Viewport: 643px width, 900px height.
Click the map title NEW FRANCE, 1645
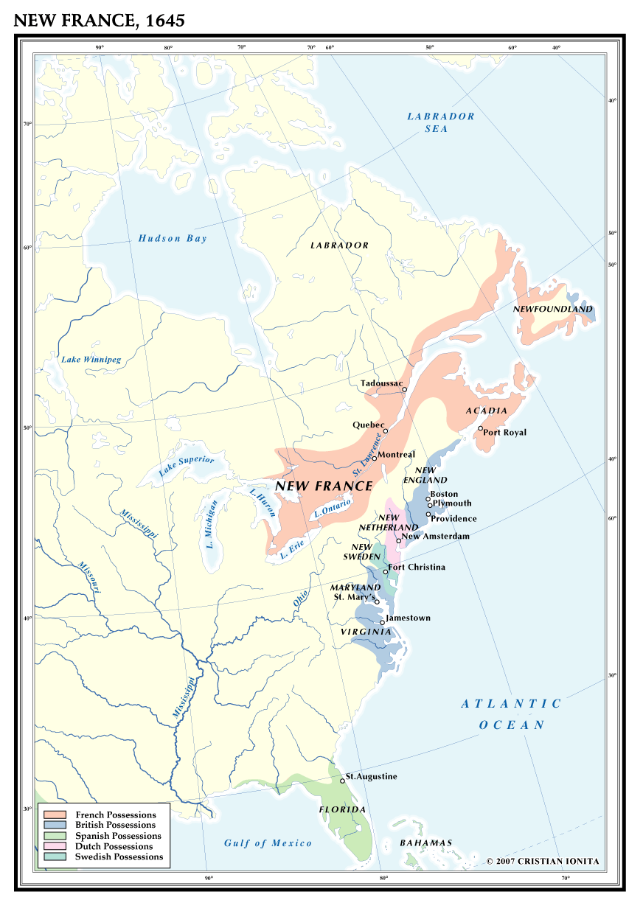99,21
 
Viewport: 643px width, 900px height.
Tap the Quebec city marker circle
386,431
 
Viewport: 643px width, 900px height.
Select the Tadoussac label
381,383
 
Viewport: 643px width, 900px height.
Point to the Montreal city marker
375,458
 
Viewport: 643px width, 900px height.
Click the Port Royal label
505,433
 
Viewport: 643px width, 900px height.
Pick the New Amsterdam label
436,537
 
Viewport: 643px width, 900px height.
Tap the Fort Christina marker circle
386,572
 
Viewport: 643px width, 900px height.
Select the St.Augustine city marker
342,780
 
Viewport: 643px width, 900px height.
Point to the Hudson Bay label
173,238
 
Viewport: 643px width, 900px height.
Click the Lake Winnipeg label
91,360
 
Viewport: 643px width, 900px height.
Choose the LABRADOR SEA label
441,122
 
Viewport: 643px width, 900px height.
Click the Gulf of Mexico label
268,843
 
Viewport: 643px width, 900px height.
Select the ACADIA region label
487,411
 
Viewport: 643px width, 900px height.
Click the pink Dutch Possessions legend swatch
57,846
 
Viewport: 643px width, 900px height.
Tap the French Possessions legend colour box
57,814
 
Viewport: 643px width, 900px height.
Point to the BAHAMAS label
425,843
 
